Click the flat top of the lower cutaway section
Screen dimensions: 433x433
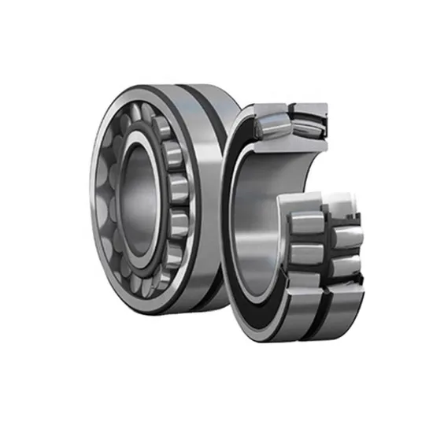tap(331, 203)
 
